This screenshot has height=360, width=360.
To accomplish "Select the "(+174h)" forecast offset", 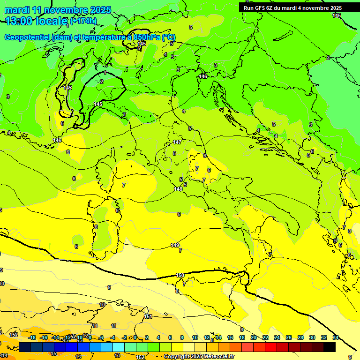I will [83, 21].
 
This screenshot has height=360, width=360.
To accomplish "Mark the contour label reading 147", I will [177, 142].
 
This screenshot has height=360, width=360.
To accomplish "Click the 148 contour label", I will [178, 189].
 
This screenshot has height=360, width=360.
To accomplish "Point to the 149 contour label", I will [175, 245].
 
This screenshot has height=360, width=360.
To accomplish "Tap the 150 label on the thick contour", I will [180, 275].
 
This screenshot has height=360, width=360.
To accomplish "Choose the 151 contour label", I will [149, 317].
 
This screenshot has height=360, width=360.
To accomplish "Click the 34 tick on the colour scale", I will [335, 337].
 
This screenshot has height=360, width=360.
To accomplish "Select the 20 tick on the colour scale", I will [253, 337].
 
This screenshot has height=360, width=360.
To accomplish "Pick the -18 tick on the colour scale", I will [32, 337].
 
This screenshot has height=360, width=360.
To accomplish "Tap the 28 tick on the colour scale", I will [300, 337].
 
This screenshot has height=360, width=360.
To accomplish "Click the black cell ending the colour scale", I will [330, 347].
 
